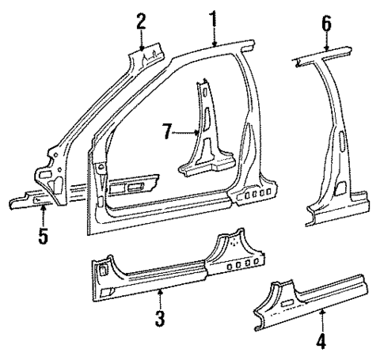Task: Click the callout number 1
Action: pyautogui.click(x=212, y=17)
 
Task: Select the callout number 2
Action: pyautogui.click(x=140, y=21)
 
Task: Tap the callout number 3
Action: pyautogui.click(x=160, y=320)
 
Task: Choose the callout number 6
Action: pyautogui.click(x=325, y=26)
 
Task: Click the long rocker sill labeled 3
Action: pyautogui.click(x=158, y=274)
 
